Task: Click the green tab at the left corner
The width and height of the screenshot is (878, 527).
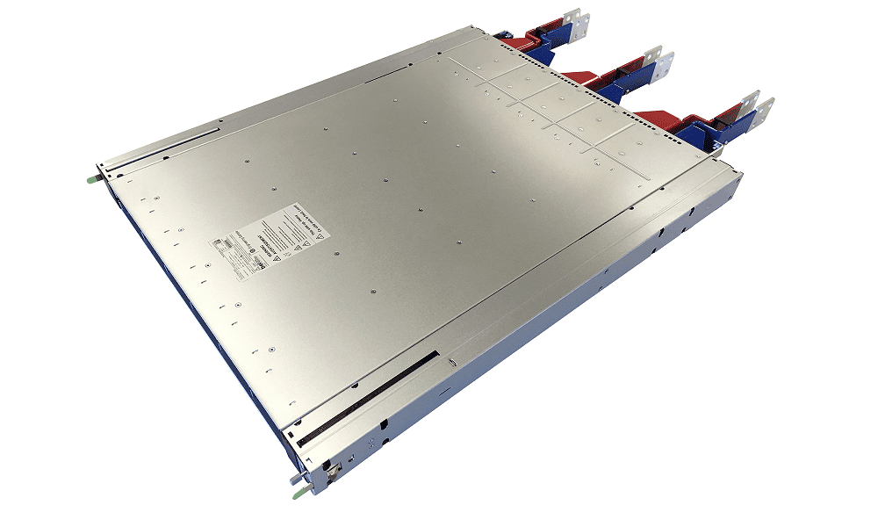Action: (x=90, y=179)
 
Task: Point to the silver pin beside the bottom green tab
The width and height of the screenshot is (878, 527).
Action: (x=309, y=477)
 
